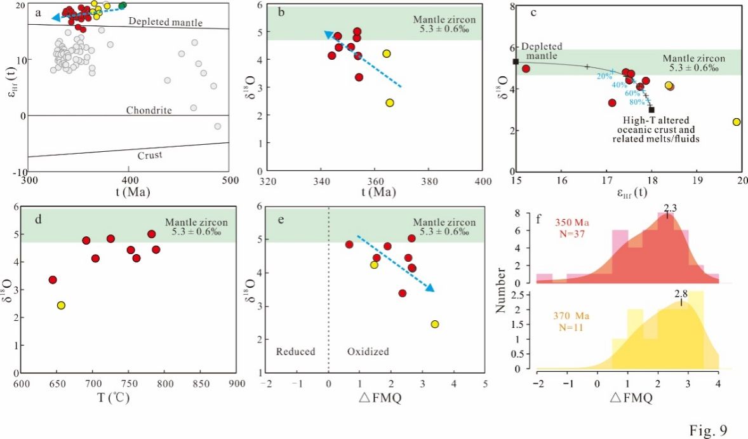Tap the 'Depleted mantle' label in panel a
tap(165, 22)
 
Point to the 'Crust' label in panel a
tap(150, 154)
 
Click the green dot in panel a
tap(123, 6)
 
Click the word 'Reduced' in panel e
tap(295, 351)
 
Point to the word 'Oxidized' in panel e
tap(368, 351)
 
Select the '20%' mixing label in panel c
tap(604, 76)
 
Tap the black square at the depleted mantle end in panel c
tap(516, 62)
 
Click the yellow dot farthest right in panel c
tap(736, 122)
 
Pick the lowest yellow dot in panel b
tap(390, 103)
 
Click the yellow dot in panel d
tap(61, 305)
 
